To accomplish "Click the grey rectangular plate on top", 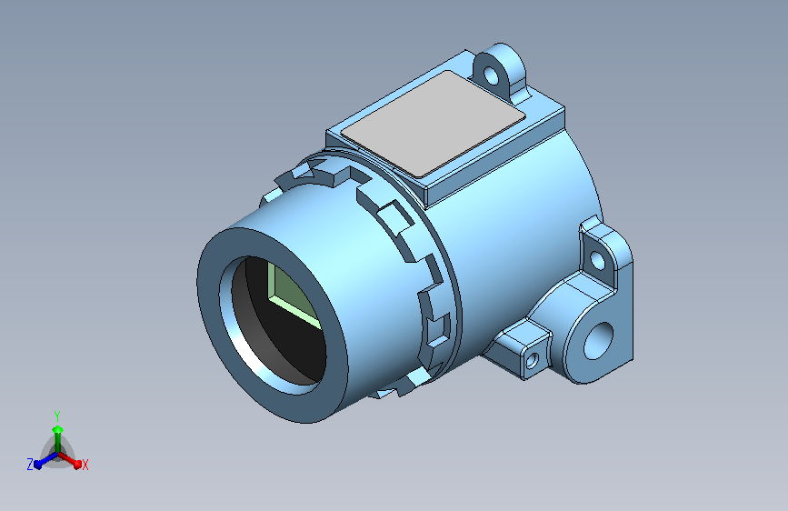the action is coord(434,124).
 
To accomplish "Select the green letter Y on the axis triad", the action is coord(57,416).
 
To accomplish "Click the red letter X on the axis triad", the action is coord(85,466).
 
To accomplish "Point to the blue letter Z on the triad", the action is coord(30,465).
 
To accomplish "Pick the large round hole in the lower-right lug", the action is coord(598,341).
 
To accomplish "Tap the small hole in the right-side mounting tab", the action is coord(597,261).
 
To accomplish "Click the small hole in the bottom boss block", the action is coord(532,360).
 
